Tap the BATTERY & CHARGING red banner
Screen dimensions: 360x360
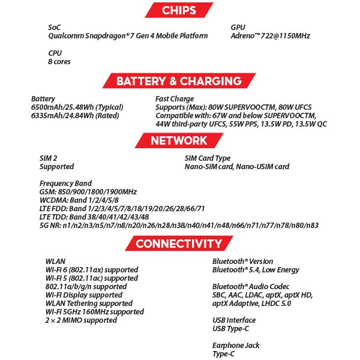click(x=179, y=81)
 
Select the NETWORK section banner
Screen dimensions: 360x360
click(x=179, y=141)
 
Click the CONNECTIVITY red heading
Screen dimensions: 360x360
click(x=179, y=244)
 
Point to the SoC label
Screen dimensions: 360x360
click(x=55, y=28)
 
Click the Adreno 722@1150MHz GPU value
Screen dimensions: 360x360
click(x=270, y=36)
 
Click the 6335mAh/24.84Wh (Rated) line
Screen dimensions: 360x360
click(x=76, y=115)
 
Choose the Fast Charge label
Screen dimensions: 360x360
click(x=175, y=98)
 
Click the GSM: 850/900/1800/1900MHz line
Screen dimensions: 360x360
click(x=88, y=192)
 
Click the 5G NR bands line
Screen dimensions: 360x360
click(x=179, y=225)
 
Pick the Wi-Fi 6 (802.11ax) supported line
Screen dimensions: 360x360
click(x=92, y=270)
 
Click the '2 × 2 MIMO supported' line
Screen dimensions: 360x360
click(x=81, y=320)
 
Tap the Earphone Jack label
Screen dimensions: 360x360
click(x=236, y=346)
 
